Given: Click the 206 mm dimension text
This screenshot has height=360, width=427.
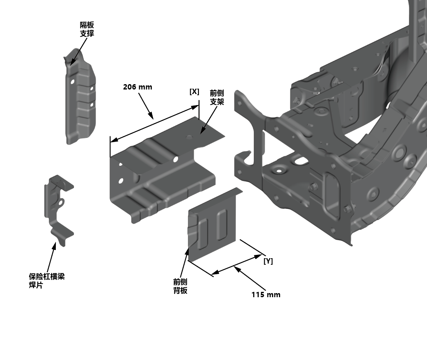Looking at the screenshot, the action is click(x=137, y=87).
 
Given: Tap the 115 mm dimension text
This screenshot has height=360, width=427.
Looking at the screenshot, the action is click(x=266, y=295).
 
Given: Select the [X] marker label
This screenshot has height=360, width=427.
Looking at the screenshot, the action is click(x=194, y=92).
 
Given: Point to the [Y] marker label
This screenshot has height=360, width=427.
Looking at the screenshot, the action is click(x=268, y=261).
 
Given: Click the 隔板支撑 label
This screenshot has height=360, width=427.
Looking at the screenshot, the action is click(x=87, y=29).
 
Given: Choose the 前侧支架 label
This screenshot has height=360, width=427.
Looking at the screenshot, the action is click(x=217, y=97).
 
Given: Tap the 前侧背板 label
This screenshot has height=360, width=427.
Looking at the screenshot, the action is click(x=180, y=286).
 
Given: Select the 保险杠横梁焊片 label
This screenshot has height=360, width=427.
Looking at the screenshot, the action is click(x=47, y=281).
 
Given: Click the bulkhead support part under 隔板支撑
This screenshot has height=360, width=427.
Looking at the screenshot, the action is click(x=80, y=97).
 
